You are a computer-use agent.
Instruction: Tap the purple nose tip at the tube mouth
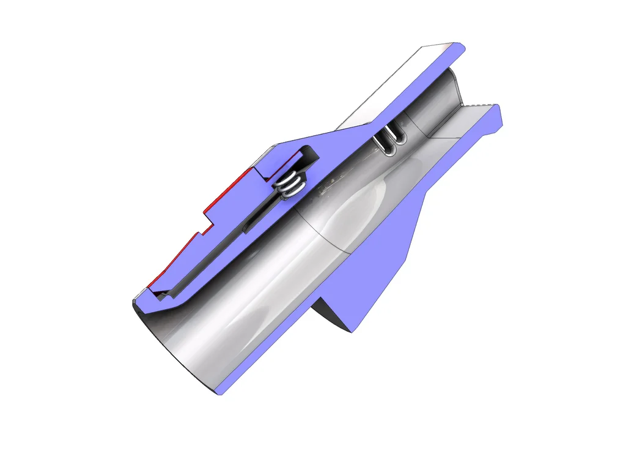coord(138,303)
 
